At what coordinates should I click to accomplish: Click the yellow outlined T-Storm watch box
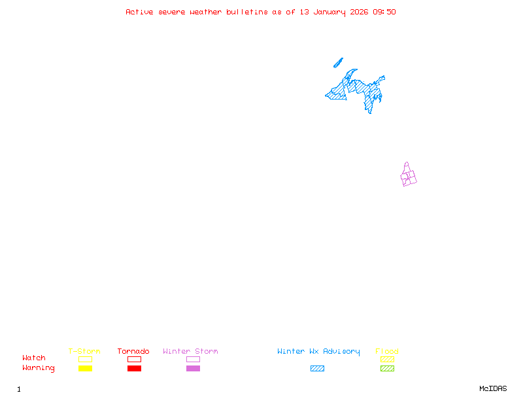(85, 359)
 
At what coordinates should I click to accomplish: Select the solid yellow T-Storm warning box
(85, 369)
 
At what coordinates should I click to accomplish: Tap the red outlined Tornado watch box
(134, 359)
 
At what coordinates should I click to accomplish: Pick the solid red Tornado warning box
(134, 369)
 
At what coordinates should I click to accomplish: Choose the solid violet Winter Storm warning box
(193, 369)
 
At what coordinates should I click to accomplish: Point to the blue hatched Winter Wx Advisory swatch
(317, 369)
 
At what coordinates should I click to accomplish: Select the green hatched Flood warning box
(387, 369)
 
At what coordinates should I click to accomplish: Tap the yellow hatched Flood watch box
(387, 359)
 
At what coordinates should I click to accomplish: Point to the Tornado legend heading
(133, 352)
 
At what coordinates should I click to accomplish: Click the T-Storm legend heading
(84, 352)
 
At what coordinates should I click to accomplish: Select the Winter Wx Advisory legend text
(318, 352)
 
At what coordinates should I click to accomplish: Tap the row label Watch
(34, 358)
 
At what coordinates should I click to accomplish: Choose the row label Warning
(39, 368)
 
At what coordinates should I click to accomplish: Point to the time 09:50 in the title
(384, 12)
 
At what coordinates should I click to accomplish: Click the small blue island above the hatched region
(338, 63)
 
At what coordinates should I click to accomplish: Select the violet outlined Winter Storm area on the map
(409, 176)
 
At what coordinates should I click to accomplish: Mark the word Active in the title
(139, 12)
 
